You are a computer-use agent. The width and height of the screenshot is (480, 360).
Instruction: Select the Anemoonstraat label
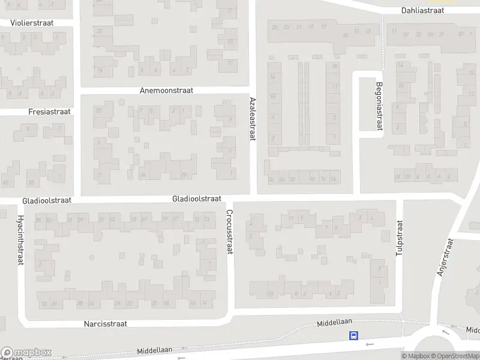click(x=166, y=90)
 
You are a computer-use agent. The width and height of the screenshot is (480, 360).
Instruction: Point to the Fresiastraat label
click(x=49, y=112)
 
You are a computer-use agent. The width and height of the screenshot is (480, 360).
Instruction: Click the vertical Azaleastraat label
click(x=253, y=119)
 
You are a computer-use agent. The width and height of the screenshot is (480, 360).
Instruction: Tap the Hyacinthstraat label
click(x=20, y=241)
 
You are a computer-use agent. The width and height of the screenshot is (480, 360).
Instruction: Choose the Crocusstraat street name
click(x=229, y=232)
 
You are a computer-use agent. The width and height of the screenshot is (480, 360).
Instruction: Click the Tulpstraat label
click(x=398, y=238)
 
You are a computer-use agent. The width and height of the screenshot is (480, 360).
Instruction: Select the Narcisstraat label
click(x=106, y=324)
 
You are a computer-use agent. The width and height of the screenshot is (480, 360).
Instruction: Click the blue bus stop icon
click(x=354, y=336)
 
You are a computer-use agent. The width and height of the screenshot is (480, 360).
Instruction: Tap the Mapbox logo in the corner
click(x=26, y=352)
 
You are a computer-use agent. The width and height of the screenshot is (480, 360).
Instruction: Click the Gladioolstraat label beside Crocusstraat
click(x=197, y=199)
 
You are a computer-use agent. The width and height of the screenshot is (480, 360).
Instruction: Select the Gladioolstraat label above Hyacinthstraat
click(x=46, y=200)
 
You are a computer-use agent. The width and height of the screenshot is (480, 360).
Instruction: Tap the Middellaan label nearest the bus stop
click(x=335, y=323)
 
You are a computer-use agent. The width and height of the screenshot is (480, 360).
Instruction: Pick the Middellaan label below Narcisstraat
click(x=154, y=349)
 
